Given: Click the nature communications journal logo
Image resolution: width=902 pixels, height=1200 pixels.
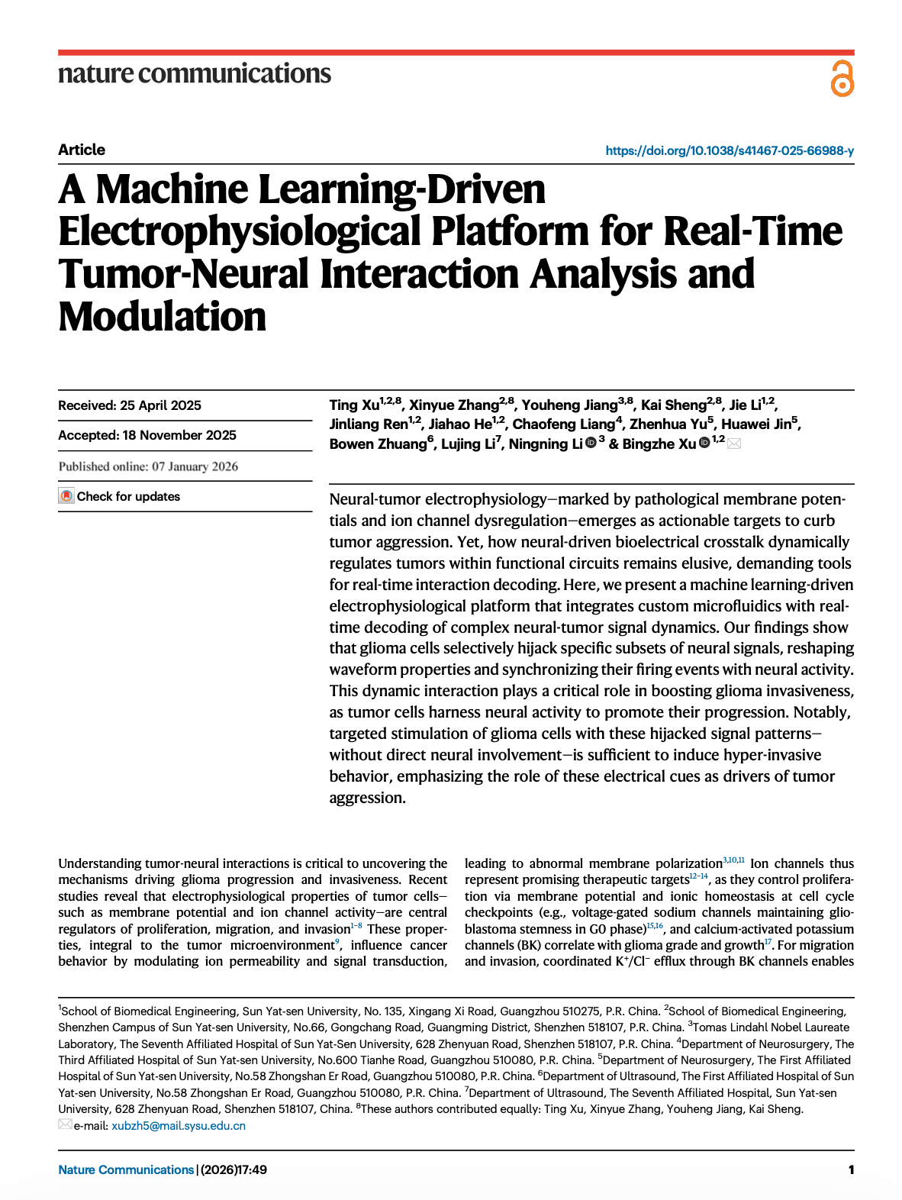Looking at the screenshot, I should (195, 74).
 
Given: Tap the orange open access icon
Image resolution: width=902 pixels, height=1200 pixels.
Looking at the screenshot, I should (842, 79).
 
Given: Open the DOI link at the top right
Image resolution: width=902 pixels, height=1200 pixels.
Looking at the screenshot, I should (730, 150).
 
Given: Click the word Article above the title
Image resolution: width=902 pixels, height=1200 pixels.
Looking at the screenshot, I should (82, 150).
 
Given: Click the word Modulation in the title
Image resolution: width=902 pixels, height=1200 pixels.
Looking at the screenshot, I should (163, 317).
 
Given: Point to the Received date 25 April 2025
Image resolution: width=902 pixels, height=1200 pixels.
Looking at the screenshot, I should (130, 405).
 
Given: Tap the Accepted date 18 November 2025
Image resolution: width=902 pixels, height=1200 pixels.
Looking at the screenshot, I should (147, 435).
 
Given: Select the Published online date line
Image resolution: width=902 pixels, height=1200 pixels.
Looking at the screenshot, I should (148, 466).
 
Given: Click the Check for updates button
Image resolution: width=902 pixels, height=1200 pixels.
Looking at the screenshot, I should (120, 496).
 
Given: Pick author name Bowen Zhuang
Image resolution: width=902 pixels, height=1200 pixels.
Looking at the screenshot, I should (378, 444).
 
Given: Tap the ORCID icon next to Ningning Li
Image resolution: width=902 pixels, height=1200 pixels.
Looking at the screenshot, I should (591, 444).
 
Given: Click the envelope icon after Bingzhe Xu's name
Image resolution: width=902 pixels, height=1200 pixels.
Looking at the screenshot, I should (734, 444).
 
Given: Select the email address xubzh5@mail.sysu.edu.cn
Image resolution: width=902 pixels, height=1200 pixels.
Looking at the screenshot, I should (179, 1126).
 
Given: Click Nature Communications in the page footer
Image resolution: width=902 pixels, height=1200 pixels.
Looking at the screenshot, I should (126, 1169).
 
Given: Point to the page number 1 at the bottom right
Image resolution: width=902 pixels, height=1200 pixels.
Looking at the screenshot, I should (851, 1169).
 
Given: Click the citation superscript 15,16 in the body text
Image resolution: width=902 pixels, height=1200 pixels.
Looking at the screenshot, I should (656, 926).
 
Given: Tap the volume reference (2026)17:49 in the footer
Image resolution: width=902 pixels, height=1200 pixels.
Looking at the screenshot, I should (234, 1169).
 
